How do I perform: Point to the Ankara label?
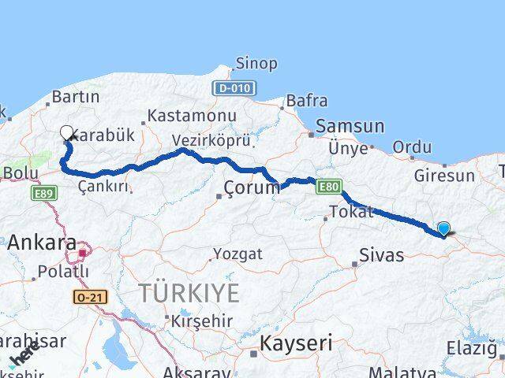[41, 243]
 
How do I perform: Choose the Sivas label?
[381, 255]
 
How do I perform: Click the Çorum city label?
[252, 187]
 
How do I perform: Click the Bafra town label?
[305, 101]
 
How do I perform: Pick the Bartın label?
[75, 98]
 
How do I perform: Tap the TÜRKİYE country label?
[189, 294]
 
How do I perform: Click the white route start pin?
[67, 133]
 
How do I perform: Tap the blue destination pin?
[443, 228]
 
